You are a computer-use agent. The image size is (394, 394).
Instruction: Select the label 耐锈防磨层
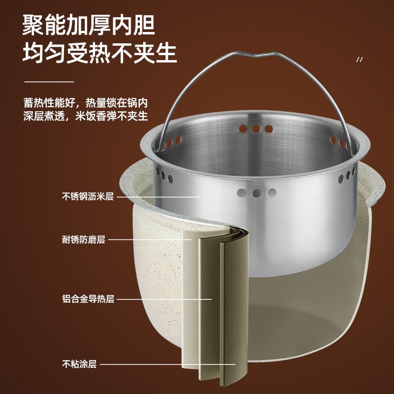84,240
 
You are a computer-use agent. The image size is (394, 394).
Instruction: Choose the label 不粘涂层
79,364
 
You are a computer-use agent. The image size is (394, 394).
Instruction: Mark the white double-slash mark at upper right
359,60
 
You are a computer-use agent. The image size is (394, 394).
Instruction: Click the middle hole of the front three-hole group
256,192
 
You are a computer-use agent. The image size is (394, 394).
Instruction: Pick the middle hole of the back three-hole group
256,129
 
